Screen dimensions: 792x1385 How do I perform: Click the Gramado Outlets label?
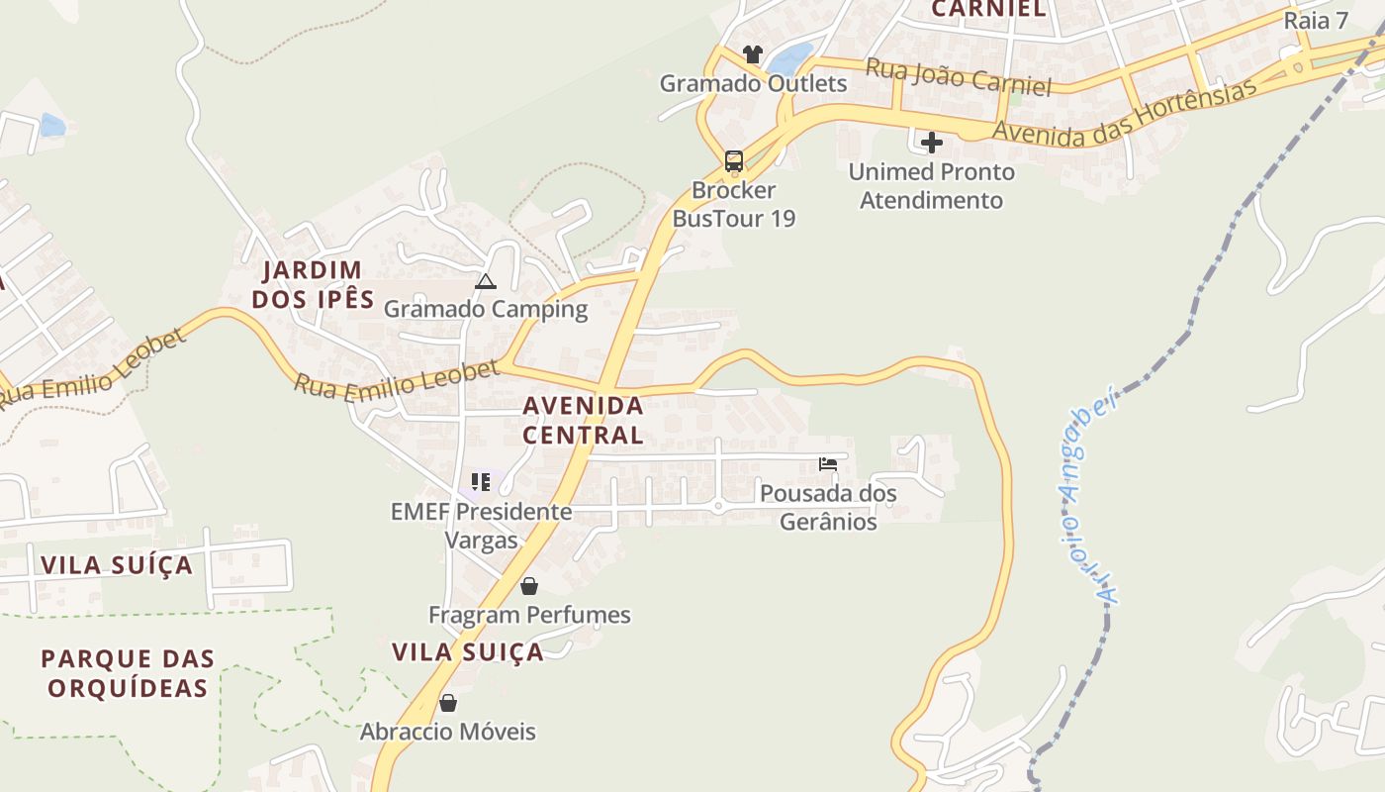(x=753, y=83)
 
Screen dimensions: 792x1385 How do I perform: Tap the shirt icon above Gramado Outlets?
(x=753, y=54)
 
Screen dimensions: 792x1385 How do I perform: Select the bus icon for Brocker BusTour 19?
(x=733, y=160)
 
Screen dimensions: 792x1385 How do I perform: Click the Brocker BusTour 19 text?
(x=733, y=204)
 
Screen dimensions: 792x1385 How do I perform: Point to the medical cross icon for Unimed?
(x=931, y=143)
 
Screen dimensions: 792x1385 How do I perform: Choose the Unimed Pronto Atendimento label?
(x=931, y=186)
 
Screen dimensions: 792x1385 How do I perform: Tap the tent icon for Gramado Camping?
(x=485, y=281)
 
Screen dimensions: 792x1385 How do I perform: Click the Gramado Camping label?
(x=485, y=309)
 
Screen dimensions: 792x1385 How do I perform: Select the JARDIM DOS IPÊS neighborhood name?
(x=313, y=284)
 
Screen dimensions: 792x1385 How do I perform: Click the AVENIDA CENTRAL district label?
(x=583, y=420)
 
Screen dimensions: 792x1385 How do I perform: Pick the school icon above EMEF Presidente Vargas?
(x=481, y=482)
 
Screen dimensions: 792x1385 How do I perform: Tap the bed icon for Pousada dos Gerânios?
(x=828, y=464)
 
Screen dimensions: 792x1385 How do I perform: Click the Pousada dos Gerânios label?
(x=828, y=507)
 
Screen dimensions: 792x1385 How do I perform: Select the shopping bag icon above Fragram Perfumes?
(x=529, y=586)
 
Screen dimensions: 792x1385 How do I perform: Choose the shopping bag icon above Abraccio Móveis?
(x=448, y=703)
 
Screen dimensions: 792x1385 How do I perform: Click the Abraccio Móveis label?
(x=447, y=733)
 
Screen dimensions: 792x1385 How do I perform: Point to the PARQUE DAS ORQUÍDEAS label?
(x=128, y=673)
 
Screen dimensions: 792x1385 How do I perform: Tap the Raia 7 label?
(x=1316, y=21)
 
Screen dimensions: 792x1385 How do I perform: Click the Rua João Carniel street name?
(x=958, y=77)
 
